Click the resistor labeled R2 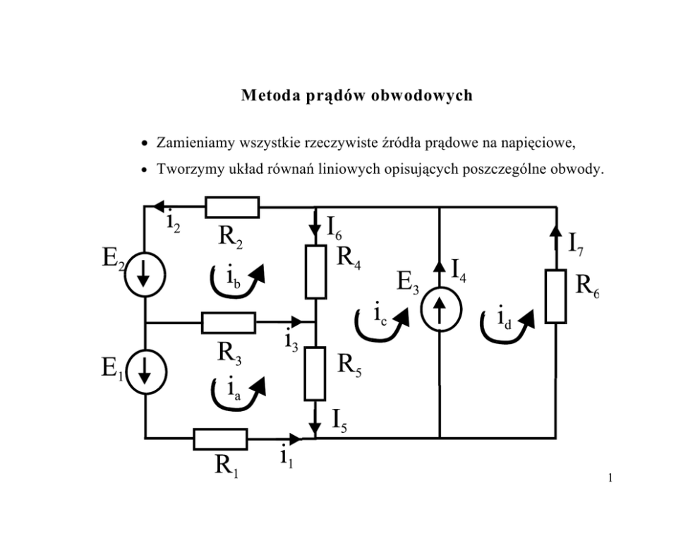[x=232, y=207]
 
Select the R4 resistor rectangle [x=315, y=272]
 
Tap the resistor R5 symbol [x=315, y=374]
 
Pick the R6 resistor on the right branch [x=556, y=296]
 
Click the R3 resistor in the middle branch [x=229, y=323]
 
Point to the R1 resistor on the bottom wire [x=221, y=439]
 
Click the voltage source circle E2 [x=145, y=274]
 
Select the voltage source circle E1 [x=146, y=372]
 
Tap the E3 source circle [x=440, y=309]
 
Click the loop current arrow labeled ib [x=238, y=281]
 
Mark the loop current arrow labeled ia [x=238, y=393]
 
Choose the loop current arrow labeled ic [x=382, y=325]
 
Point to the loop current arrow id [x=507, y=326]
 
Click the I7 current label [x=576, y=245]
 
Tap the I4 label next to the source [x=459, y=270]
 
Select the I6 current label [x=334, y=228]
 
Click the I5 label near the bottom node [x=339, y=421]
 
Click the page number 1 [x=610, y=478]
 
